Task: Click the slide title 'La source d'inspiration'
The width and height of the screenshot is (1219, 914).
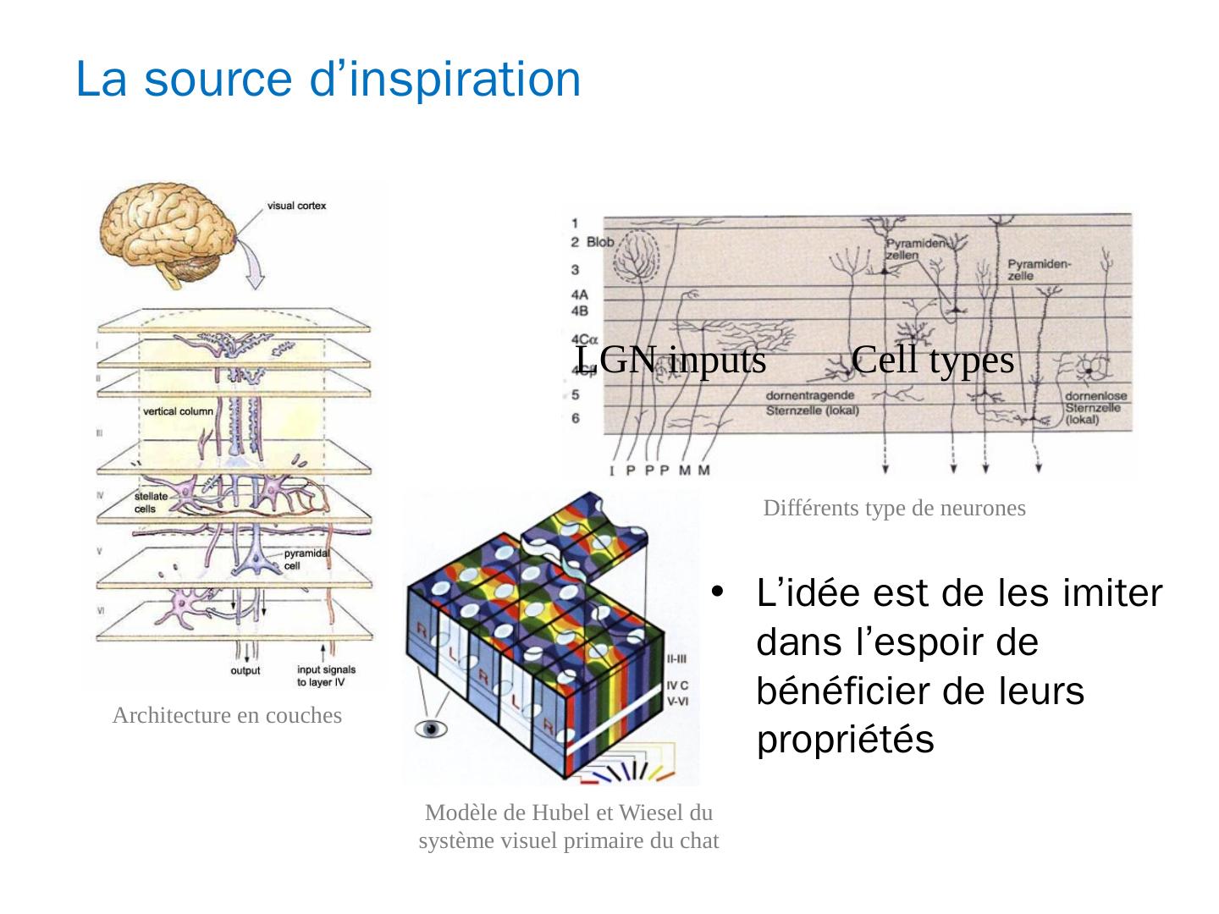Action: click(x=328, y=80)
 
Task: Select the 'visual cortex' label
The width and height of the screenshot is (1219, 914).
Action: click(x=296, y=206)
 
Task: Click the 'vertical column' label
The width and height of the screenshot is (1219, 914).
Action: click(x=178, y=411)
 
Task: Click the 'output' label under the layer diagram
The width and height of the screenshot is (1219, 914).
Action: click(x=245, y=671)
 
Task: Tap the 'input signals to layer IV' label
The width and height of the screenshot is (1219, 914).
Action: click(x=325, y=675)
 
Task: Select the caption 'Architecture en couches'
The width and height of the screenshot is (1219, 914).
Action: click(x=227, y=716)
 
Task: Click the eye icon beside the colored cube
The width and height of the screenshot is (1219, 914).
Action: click(x=430, y=729)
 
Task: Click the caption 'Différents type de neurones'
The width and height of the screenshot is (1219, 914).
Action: click(x=894, y=509)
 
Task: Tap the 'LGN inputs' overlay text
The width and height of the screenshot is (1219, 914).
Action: click(x=670, y=360)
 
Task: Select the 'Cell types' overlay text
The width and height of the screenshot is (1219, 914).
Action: click(x=933, y=360)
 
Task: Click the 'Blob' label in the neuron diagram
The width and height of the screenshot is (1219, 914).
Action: click(x=599, y=243)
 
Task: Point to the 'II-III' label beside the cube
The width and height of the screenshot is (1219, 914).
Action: click(x=676, y=658)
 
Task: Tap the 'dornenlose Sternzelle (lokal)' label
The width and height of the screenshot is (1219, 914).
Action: click(x=1093, y=407)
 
